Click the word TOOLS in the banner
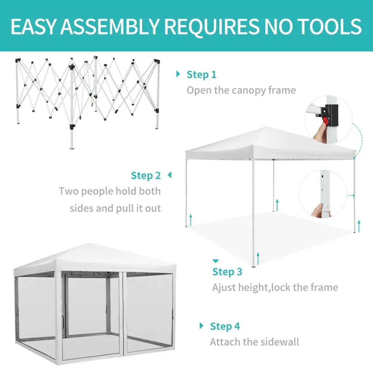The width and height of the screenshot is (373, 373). click(x=329, y=26)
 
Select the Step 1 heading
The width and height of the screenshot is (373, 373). click(x=201, y=74)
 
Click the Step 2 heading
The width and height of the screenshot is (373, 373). click(x=146, y=176)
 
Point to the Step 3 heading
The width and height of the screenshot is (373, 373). click(x=227, y=272)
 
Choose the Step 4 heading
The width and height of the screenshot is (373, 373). click(x=225, y=326)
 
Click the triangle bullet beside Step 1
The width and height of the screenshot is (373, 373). click(x=178, y=74)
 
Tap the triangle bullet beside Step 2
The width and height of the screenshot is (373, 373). click(x=170, y=175)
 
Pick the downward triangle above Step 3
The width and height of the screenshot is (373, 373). click(x=216, y=261)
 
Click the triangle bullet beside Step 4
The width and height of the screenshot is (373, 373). click(x=201, y=326)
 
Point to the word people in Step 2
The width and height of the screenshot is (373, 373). click(x=97, y=192)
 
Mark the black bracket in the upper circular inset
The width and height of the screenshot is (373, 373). click(x=329, y=115)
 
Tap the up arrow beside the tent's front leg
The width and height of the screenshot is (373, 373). click(x=258, y=259)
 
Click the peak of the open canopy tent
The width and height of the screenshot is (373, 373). click(x=266, y=127)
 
